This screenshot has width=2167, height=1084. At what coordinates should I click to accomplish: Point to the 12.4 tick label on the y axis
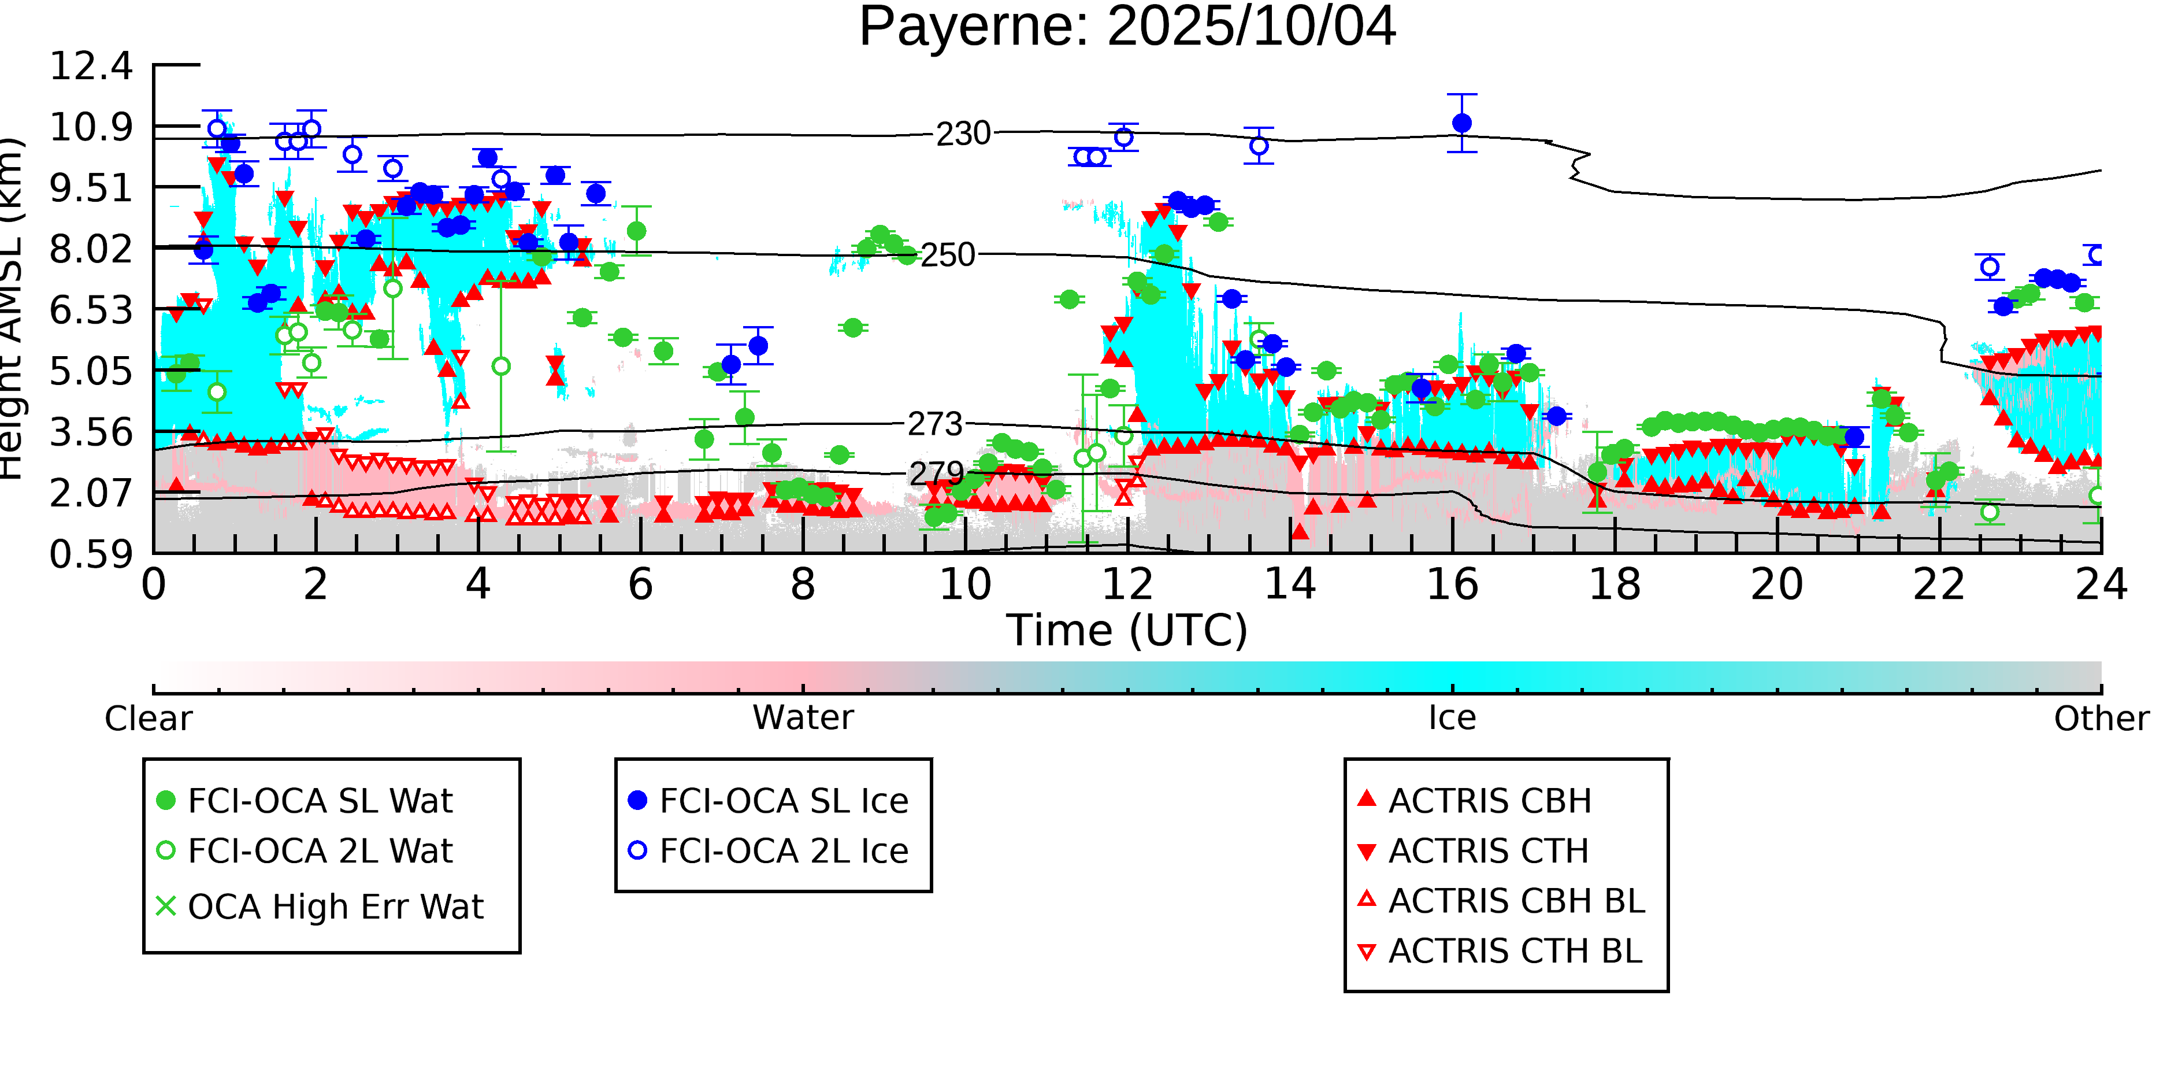click(x=91, y=66)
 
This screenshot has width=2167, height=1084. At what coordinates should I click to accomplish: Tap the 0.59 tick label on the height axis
click(x=91, y=554)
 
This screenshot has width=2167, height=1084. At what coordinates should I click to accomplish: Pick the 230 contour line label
click(x=963, y=134)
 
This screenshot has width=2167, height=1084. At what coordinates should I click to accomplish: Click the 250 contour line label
click(x=948, y=255)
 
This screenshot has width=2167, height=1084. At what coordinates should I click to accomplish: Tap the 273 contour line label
click(x=934, y=424)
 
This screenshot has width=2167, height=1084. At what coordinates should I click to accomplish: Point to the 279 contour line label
click(x=936, y=474)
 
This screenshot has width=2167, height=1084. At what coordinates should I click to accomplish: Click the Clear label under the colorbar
click(x=148, y=719)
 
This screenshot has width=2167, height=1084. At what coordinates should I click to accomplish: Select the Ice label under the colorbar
click(x=1452, y=718)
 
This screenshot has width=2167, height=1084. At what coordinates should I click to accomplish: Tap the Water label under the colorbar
click(x=803, y=718)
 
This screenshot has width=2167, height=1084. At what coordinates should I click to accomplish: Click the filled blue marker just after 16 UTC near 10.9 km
click(x=1462, y=123)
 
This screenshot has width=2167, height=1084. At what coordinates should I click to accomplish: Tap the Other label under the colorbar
click(x=2101, y=719)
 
